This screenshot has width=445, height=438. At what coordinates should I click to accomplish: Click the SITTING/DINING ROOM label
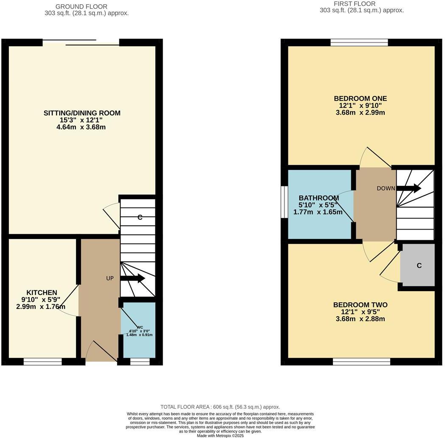[x=82, y=113]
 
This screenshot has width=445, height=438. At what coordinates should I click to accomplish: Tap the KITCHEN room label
[x=42, y=292]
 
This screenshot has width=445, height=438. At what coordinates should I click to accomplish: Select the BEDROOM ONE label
[x=360, y=98]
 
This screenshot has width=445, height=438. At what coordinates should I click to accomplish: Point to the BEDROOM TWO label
[x=360, y=305]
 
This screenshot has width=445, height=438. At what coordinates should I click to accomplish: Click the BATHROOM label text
[x=318, y=198]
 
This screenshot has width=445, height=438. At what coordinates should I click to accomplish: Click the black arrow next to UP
[x=132, y=278]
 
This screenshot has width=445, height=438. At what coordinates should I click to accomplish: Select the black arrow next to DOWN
[x=408, y=188]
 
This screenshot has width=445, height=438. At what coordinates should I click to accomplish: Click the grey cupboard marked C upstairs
[x=419, y=265]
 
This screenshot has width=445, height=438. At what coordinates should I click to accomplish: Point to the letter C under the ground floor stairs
[x=140, y=218]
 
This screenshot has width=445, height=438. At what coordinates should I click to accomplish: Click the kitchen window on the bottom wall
[x=42, y=362]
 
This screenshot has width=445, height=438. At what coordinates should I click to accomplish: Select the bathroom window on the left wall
[x=284, y=202]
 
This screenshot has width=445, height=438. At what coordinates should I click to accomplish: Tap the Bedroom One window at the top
[x=359, y=42]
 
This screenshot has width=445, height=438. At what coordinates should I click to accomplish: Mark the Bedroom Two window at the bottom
[x=361, y=362]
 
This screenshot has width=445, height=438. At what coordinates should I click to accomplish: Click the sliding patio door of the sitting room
[x=81, y=42]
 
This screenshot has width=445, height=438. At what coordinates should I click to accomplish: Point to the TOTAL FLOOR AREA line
[x=220, y=407]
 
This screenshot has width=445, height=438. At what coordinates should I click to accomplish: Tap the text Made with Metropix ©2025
[x=220, y=435]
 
